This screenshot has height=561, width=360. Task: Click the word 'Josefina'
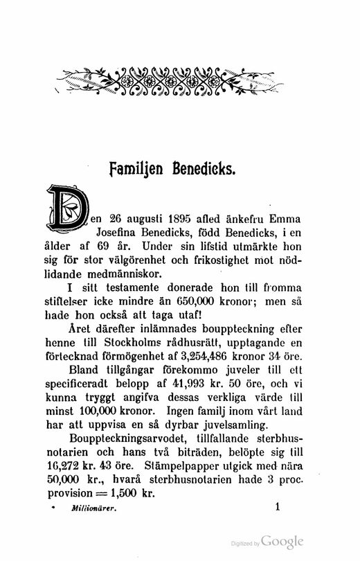tap(120, 229)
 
